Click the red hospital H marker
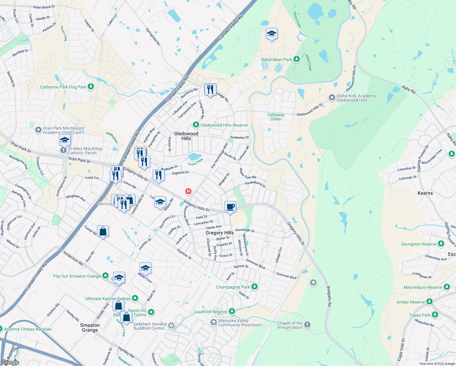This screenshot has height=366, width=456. (188, 192)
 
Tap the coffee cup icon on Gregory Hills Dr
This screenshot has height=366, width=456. (230, 207)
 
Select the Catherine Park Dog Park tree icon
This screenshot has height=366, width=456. (91, 87)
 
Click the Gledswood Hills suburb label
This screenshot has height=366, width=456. (186, 136)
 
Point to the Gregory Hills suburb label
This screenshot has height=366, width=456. (219, 233)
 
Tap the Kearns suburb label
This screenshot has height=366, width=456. (425, 193)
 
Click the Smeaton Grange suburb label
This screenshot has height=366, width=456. (90, 328)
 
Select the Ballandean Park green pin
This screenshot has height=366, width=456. (297, 59)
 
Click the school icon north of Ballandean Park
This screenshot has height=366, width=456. (271, 34)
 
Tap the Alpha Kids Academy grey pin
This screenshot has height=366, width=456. (332, 98)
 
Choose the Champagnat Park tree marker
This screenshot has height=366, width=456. (255, 287)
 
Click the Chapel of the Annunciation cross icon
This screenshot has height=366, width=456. (307, 325)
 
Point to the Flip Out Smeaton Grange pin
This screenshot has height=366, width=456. (105, 276)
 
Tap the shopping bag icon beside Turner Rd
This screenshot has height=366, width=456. (103, 231)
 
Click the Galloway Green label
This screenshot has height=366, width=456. (276, 117)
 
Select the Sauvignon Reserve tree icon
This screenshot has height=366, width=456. (441, 244)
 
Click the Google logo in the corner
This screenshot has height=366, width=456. (10, 362)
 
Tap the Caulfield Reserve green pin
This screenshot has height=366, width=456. (232, 311)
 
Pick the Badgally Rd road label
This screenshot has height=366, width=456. (329, 296)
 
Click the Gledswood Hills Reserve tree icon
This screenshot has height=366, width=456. (196, 125)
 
